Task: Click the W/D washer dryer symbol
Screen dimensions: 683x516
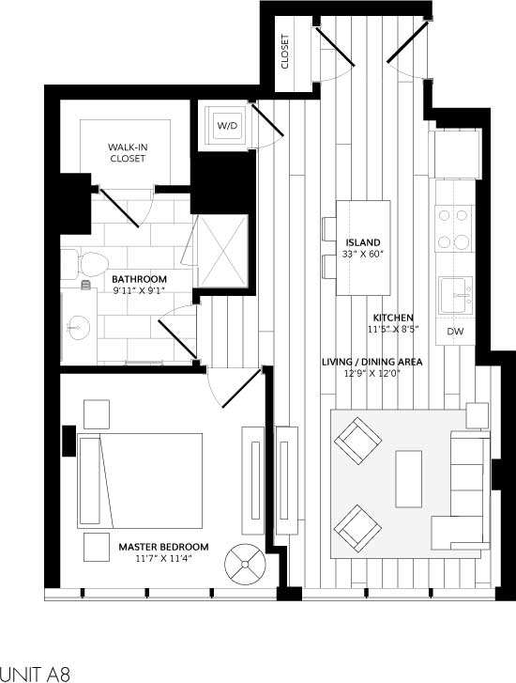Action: coord(228,125)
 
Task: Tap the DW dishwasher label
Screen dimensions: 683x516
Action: coord(454,332)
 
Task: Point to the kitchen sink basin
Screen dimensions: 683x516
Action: coord(457,295)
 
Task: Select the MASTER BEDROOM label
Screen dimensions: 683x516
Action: coord(163,546)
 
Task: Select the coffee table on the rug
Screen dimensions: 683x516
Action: coord(409,478)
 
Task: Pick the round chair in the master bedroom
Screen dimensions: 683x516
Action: coord(246,564)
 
